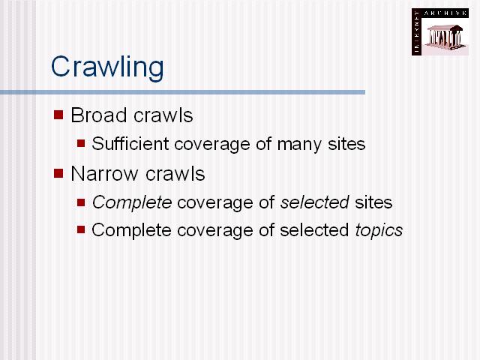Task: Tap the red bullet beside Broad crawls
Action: [x=58, y=115]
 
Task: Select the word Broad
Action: [x=98, y=115]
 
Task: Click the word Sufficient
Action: [x=130, y=143]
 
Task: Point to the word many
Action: [x=299, y=145]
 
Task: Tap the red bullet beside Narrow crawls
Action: [x=58, y=173]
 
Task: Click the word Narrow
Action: [x=104, y=173]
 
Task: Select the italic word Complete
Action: [x=132, y=202]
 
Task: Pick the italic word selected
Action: [x=315, y=202]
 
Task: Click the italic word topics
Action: [x=379, y=230]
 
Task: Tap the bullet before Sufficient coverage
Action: [x=81, y=143]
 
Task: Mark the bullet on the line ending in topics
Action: [x=81, y=229]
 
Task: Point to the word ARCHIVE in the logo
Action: [x=445, y=13]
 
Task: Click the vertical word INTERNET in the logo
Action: [x=416, y=32]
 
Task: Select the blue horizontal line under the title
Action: [x=182, y=92]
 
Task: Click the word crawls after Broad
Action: [x=163, y=115]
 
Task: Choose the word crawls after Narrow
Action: [x=175, y=173]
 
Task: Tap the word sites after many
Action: [x=346, y=143]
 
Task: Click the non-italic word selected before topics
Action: [x=314, y=230]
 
